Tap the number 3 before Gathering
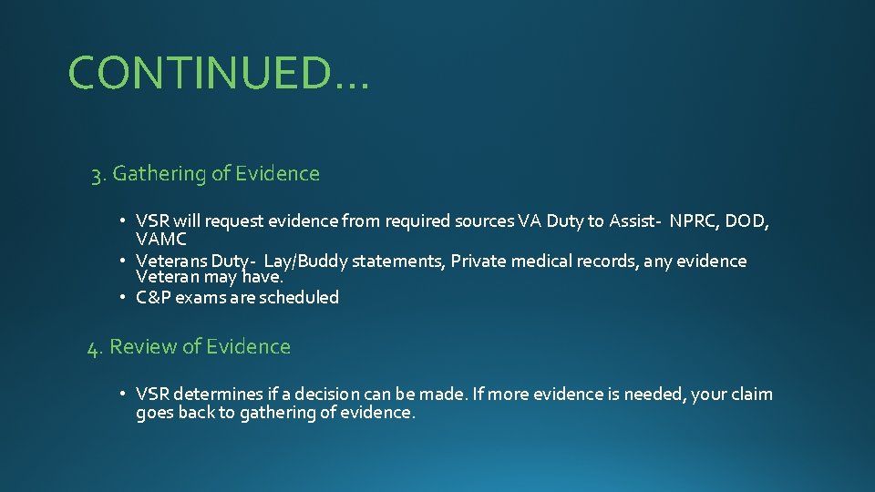pos(96,174)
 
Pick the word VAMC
pos(161,240)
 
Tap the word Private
pos(479,261)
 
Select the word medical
pos(542,261)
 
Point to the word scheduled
pos(299,297)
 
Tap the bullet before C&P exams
pos(123,297)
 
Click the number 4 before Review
pos(93,348)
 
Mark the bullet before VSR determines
pos(123,395)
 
